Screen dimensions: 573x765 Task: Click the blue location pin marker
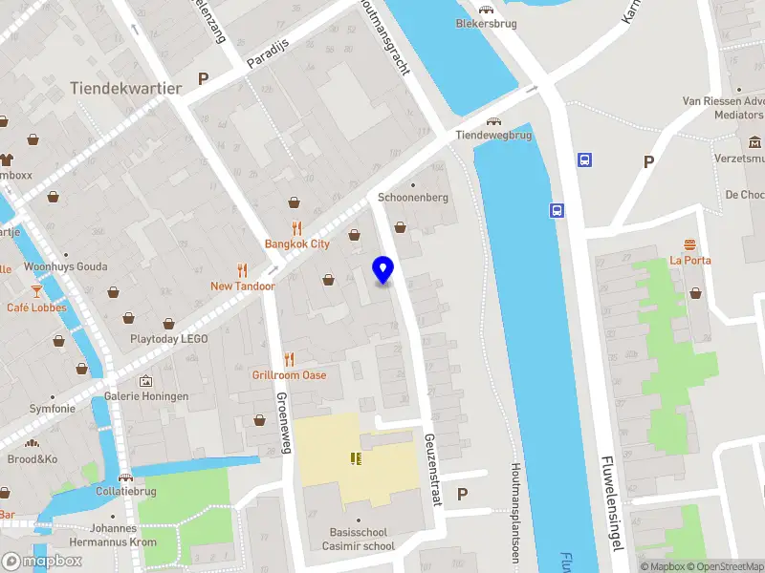tap(383, 270)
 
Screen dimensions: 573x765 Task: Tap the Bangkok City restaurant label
tap(297, 244)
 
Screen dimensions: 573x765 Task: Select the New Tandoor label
tap(243, 286)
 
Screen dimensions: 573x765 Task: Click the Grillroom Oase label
tap(289, 374)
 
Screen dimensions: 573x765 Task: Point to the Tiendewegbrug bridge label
tap(492, 136)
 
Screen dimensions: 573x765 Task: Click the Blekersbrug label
tap(481, 23)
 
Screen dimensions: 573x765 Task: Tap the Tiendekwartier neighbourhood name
tap(125, 88)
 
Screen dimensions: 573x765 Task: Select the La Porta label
tap(689, 259)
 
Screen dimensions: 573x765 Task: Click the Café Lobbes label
tap(37, 308)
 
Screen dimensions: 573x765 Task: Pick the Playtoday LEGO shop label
tap(169, 339)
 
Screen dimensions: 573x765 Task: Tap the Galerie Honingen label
tap(146, 396)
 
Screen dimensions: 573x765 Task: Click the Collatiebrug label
tap(125, 491)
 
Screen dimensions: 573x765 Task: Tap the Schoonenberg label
tap(413, 197)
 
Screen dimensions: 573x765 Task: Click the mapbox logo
tap(42, 561)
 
